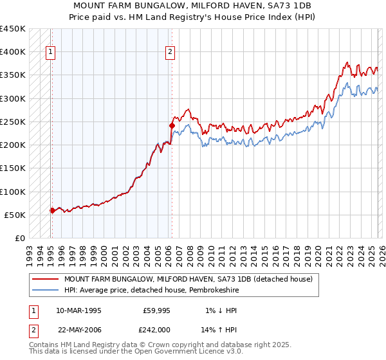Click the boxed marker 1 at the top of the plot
click(x=51, y=53)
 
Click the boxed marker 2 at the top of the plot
click(x=170, y=53)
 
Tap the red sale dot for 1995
click(x=52, y=210)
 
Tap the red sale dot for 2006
click(x=172, y=125)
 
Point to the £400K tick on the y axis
click(x=13, y=52)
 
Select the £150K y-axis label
click(x=13, y=168)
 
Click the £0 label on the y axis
click(x=19, y=239)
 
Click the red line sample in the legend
click(x=45, y=279)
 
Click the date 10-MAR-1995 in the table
click(x=78, y=310)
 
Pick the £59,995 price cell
click(x=155, y=310)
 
